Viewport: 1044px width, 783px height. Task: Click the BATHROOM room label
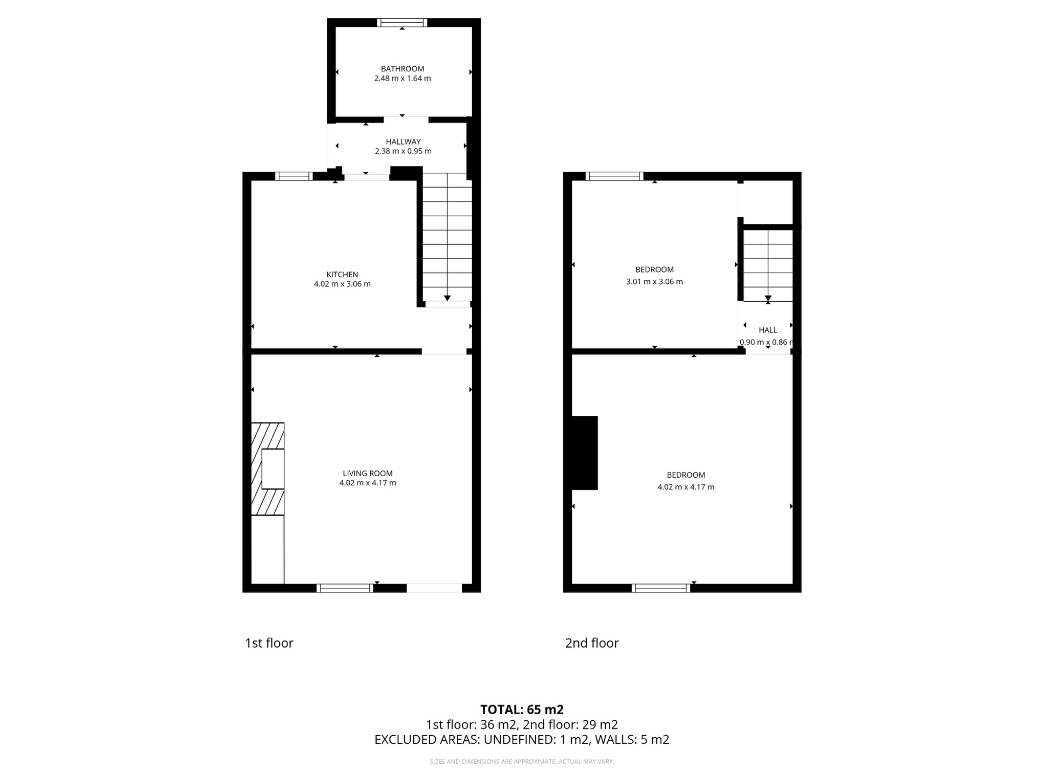[x=402, y=69]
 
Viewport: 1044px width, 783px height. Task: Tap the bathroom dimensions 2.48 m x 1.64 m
[x=402, y=79]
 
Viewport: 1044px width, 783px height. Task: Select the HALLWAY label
[x=403, y=142]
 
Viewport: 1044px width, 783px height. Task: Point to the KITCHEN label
[x=342, y=274]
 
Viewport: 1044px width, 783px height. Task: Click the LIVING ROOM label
[x=368, y=473]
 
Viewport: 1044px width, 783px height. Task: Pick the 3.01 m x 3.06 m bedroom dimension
[x=654, y=281]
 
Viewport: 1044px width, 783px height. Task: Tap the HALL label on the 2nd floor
[x=768, y=330]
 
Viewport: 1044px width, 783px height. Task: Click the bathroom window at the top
[x=402, y=22]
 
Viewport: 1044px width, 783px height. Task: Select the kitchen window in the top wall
[x=294, y=176]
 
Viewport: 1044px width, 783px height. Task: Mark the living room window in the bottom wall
[x=345, y=588]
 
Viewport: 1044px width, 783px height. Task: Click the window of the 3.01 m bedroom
[x=614, y=176]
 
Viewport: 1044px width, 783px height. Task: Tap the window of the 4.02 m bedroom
[x=661, y=588]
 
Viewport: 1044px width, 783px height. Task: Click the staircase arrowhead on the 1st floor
[x=447, y=298]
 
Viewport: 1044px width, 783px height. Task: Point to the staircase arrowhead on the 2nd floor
[x=768, y=298]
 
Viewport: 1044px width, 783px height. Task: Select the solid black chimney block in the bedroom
[x=584, y=453]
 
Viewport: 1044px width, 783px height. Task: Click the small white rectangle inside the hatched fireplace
[x=273, y=469]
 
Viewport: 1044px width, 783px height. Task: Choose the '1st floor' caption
[x=269, y=643]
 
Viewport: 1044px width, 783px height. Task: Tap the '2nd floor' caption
[x=592, y=643]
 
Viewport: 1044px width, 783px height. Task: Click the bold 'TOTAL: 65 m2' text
[x=521, y=710]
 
